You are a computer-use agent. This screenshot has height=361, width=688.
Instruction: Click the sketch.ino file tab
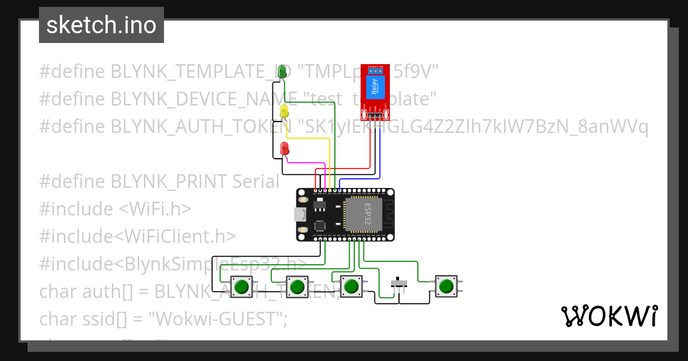click(x=101, y=25)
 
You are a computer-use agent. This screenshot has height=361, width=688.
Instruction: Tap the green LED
click(x=282, y=72)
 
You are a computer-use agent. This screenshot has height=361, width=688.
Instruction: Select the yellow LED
click(x=284, y=112)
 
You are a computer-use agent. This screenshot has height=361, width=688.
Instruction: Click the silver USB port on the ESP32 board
click(x=299, y=215)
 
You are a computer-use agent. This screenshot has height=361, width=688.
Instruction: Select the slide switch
click(x=399, y=283)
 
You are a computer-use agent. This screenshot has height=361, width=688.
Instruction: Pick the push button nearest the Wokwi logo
click(x=446, y=285)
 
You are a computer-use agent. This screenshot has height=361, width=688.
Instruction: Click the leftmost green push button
click(x=243, y=285)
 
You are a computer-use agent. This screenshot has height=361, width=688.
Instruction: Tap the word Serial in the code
click(x=256, y=182)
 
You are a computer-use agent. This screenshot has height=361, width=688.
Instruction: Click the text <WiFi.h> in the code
click(x=155, y=209)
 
